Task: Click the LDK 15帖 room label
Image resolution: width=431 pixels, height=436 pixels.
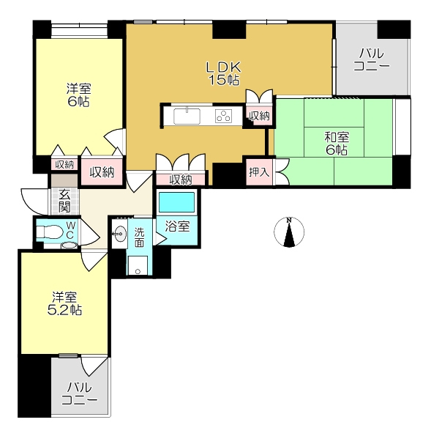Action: [x=224, y=73]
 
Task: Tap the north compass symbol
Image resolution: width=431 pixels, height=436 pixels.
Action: [x=289, y=232]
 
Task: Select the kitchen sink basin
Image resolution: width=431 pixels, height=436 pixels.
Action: [x=187, y=116]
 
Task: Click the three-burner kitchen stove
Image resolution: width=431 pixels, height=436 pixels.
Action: [x=224, y=117]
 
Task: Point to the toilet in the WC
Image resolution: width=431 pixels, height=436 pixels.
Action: [x=49, y=232]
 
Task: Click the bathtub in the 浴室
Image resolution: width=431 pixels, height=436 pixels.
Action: [x=176, y=202]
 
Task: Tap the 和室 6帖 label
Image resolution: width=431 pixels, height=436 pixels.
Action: [x=337, y=144]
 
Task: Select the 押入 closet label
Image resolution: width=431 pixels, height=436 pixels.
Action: [x=259, y=172]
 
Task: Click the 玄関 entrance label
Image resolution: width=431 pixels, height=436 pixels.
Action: [x=64, y=200]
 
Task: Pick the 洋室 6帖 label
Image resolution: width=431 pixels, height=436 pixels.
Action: [x=78, y=95]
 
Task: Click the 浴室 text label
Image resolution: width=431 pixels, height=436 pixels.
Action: [x=177, y=226]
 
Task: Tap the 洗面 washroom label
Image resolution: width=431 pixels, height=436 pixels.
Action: [x=139, y=237]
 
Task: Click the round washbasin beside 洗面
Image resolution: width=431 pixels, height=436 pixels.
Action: [x=119, y=234]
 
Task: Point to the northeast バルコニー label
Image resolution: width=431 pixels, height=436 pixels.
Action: [x=372, y=59]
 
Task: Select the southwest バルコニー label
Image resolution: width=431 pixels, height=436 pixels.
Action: [x=80, y=393]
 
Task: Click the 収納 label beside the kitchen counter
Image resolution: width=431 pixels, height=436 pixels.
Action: [x=259, y=116]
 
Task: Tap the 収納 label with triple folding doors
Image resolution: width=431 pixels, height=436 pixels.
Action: [x=181, y=180]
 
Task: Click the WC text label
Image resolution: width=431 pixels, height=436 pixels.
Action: [x=70, y=229]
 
